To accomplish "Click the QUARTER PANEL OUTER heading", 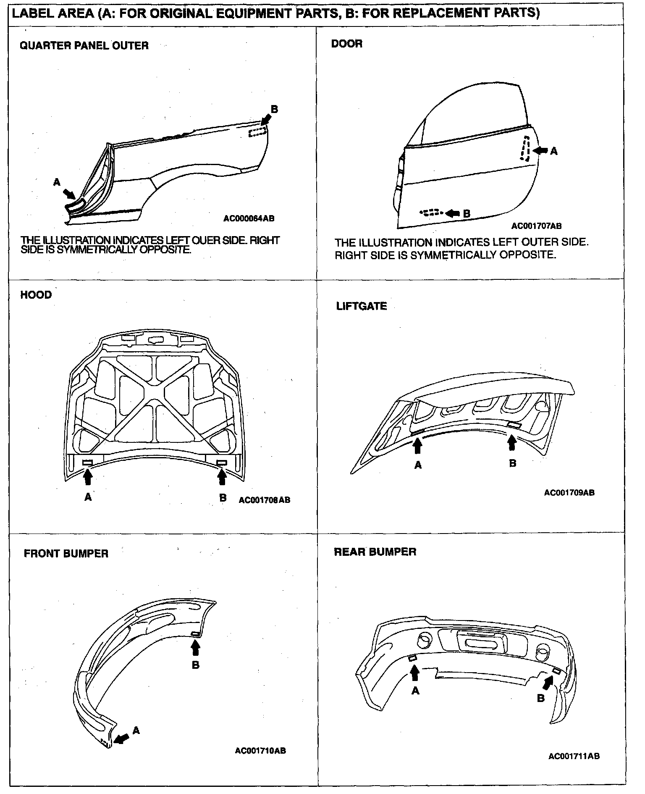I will pos(84,45).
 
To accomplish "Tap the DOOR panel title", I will pos(346,44).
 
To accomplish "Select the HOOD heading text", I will pos(36,294).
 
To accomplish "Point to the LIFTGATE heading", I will pos(361,306).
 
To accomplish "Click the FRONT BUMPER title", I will pos(66,553).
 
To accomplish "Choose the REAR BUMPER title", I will pos(375,552).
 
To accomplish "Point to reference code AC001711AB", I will pos(574,756).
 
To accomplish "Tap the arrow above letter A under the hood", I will pos(87,477).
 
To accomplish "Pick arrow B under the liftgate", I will pos(511,443).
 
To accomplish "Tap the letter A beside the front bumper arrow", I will pos(136,731).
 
